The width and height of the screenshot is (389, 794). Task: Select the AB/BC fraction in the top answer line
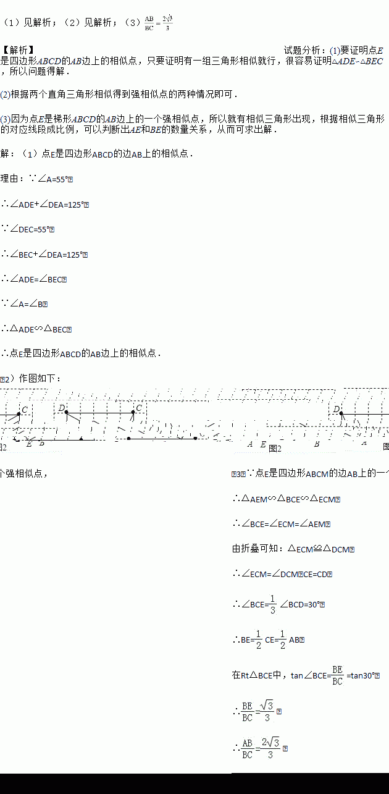pyautogui.click(x=149, y=23)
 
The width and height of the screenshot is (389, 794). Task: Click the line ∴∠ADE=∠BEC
pyautogui.click(x=34, y=279)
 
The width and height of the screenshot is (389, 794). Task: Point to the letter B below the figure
pyautogui.click(x=317, y=444)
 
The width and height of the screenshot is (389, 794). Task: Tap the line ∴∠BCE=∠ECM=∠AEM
pyautogui.click(x=282, y=524)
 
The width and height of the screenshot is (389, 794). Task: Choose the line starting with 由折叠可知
pyautogui.click(x=293, y=549)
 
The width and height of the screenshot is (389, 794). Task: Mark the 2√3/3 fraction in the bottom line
pyautogui.click(x=270, y=748)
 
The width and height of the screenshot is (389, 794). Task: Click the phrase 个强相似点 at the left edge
pyautogui.click(x=23, y=474)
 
